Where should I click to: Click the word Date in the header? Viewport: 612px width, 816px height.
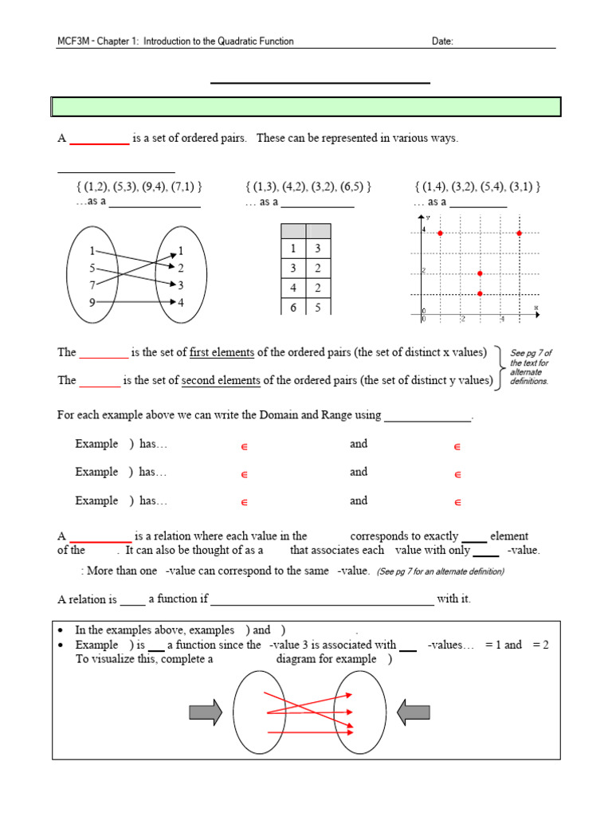pos(442,41)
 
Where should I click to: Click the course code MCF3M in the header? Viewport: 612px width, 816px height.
pos(71,41)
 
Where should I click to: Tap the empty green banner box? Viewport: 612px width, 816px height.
pos(306,107)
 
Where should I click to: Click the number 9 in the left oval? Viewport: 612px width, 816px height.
pos(93,302)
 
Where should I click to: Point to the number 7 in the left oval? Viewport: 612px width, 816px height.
pos(93,284)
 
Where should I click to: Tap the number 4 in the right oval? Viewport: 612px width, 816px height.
pos(181,302)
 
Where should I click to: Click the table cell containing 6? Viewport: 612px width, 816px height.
pos(293,307)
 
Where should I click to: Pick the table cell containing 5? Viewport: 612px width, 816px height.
pos(318,307)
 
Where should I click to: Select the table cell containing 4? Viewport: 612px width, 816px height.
pos(293,288)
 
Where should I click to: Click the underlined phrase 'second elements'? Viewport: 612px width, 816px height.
pos(221,380)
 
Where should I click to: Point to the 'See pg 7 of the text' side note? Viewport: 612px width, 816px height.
pos(531,367)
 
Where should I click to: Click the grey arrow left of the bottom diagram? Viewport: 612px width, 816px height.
pos(206,712)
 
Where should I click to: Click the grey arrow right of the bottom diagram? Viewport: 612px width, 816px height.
pos(413,712)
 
